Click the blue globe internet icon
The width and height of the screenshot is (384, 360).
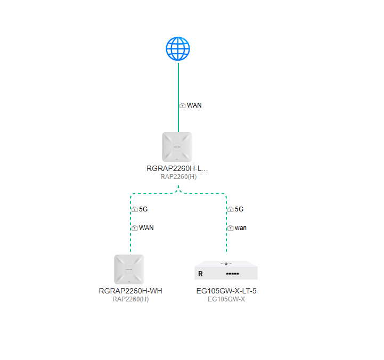[x=178, y=49]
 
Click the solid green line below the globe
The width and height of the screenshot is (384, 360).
[x=178, y=97]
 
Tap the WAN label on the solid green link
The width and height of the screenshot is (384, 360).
[x=194, y=105]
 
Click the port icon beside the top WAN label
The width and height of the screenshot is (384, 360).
[x=183, y=105]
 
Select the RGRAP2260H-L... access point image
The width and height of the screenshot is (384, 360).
[x=177, y=147]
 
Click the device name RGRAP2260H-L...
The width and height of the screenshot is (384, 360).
[x=177, y=168]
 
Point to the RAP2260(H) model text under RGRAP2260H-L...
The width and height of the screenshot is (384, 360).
[x=178, y=177]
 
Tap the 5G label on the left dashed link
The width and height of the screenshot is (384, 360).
[x=143, y=209]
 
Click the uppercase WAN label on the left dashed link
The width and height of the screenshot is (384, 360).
[x=146, y=228]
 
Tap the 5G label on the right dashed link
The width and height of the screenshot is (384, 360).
[x=239, y=209]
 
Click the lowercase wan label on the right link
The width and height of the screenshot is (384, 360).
[x=241, y=228]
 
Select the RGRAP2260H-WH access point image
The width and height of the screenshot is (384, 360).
[x=129, y=269]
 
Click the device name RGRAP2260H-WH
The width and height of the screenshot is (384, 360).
[x=130, y=291]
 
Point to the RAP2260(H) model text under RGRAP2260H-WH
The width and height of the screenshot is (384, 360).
[x=130, y=299]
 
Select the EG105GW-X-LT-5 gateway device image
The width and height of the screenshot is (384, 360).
[x=226, y=270]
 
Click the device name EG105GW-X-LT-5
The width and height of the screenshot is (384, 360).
[x=226, y=291]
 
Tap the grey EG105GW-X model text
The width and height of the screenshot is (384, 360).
[x=226, y=299]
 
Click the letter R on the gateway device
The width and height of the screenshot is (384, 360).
[x=200, y=274]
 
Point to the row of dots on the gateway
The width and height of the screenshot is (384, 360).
[x=232, y=274]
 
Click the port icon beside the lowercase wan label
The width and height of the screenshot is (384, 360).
[x=230, y=228]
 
